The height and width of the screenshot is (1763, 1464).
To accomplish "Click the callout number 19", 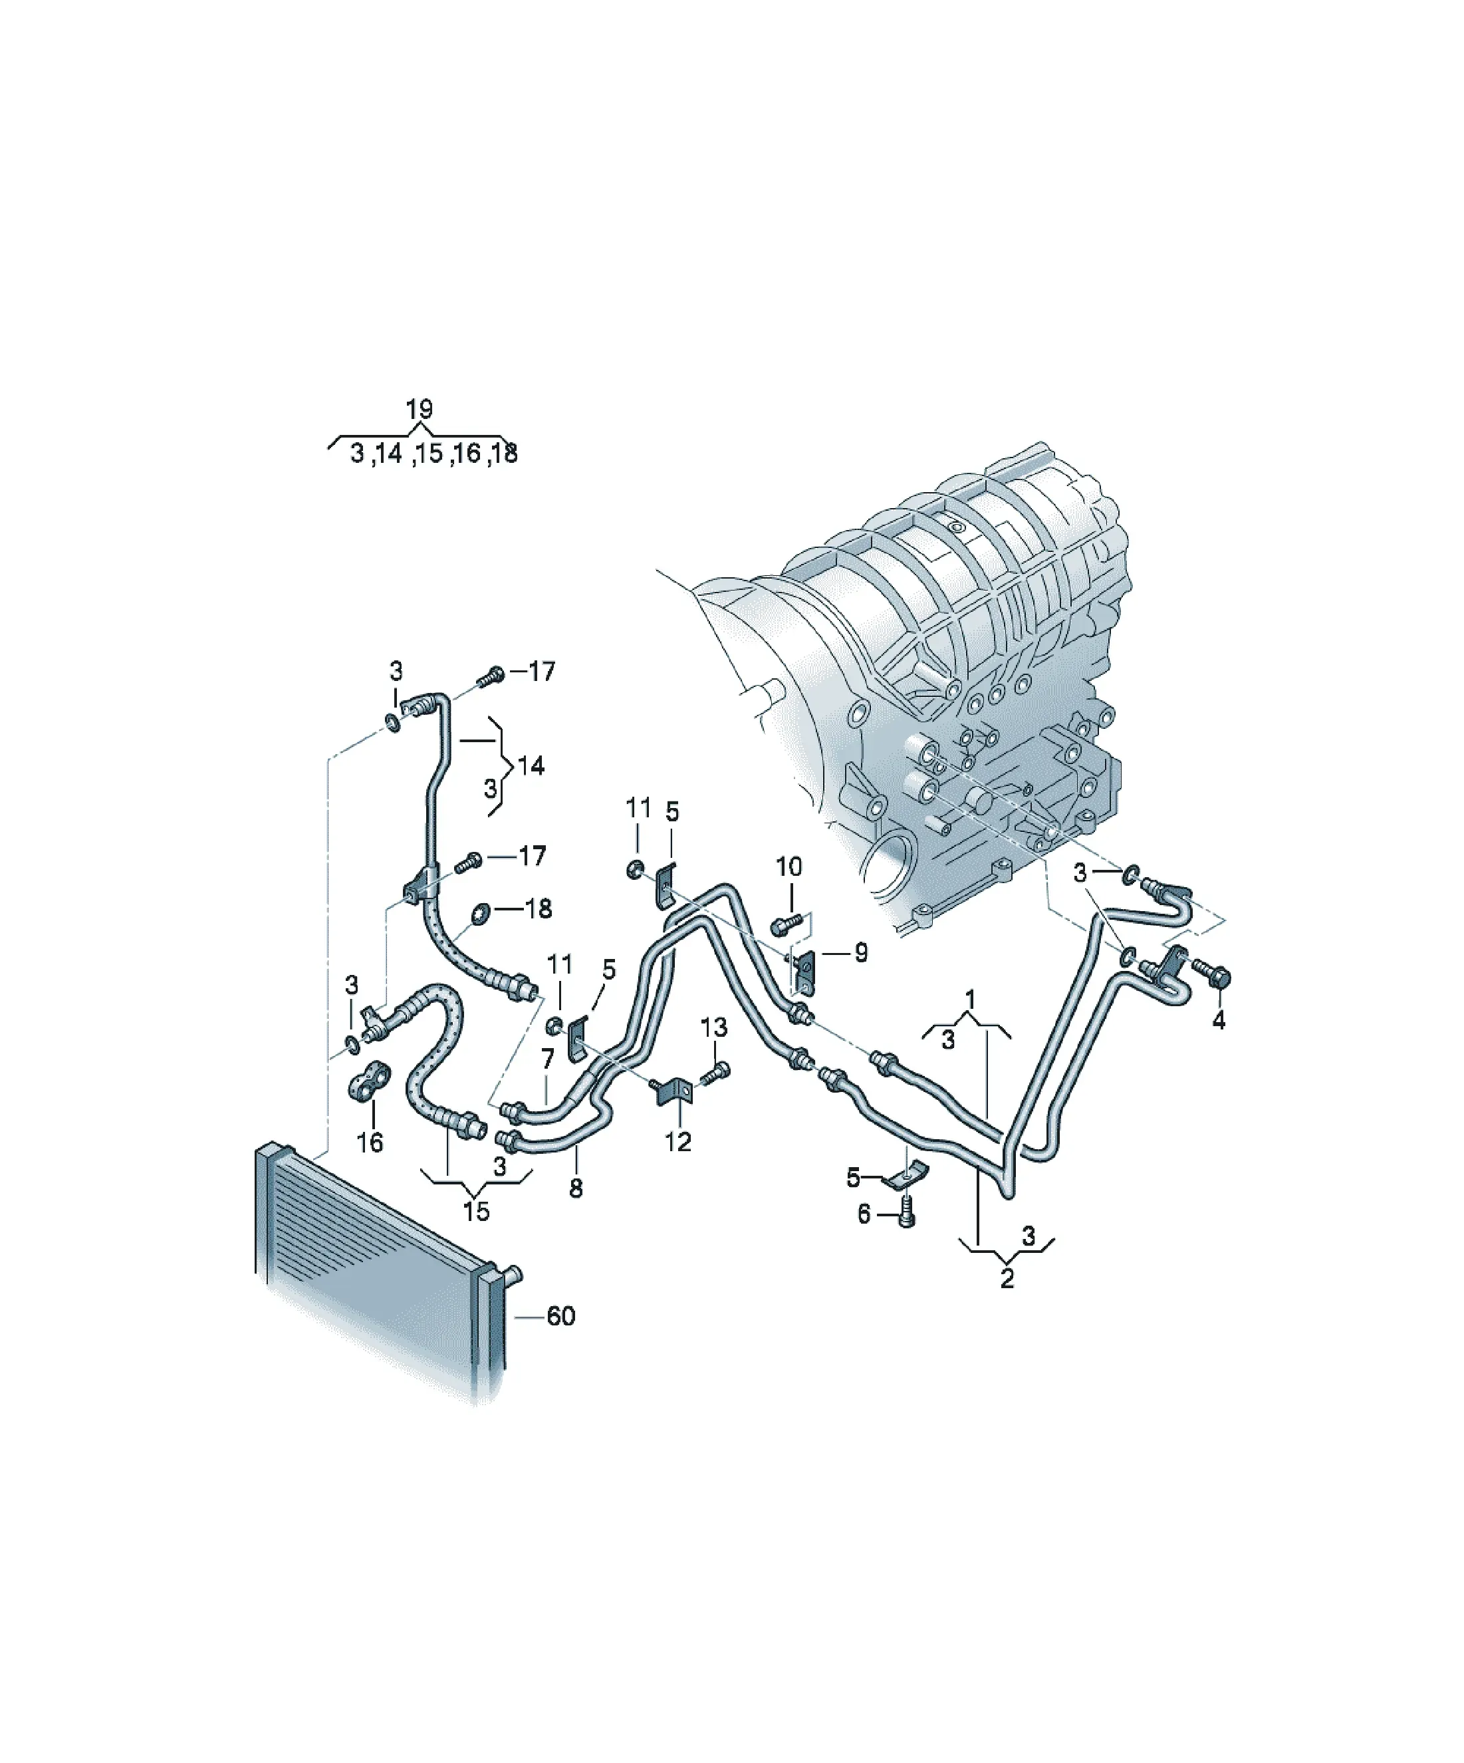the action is pyautogui.click(x=419, y=410).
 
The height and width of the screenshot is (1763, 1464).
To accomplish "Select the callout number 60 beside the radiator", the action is pyautogui.click(x=560, y=1315).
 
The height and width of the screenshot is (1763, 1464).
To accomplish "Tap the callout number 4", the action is pyautogui.click(x=1219, y=1020).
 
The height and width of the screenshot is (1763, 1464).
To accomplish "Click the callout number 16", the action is pyautogui.click(x=370, y=1142).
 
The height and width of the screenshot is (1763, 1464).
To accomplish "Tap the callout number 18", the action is pyautogui.click(x=538, y=908).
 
